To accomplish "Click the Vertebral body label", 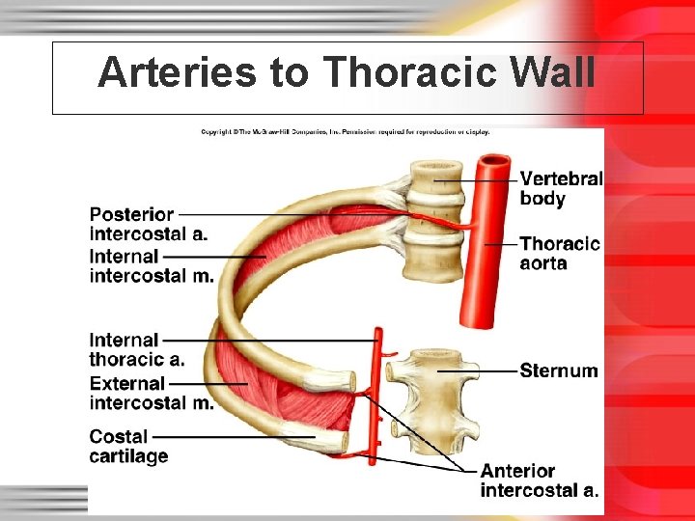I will (561, 189).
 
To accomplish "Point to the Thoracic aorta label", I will (559, 254).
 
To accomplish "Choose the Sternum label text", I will (558, 370).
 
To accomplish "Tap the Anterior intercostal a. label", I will (539, 480).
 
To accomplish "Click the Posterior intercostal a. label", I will (148, 224).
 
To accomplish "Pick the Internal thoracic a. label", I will (136, 349).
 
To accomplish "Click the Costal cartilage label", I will (128, 447).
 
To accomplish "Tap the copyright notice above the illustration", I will (345, 131).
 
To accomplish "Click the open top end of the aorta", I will (496, 160).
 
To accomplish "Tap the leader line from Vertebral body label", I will (478, 179).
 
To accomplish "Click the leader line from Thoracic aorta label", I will (502, 244).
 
